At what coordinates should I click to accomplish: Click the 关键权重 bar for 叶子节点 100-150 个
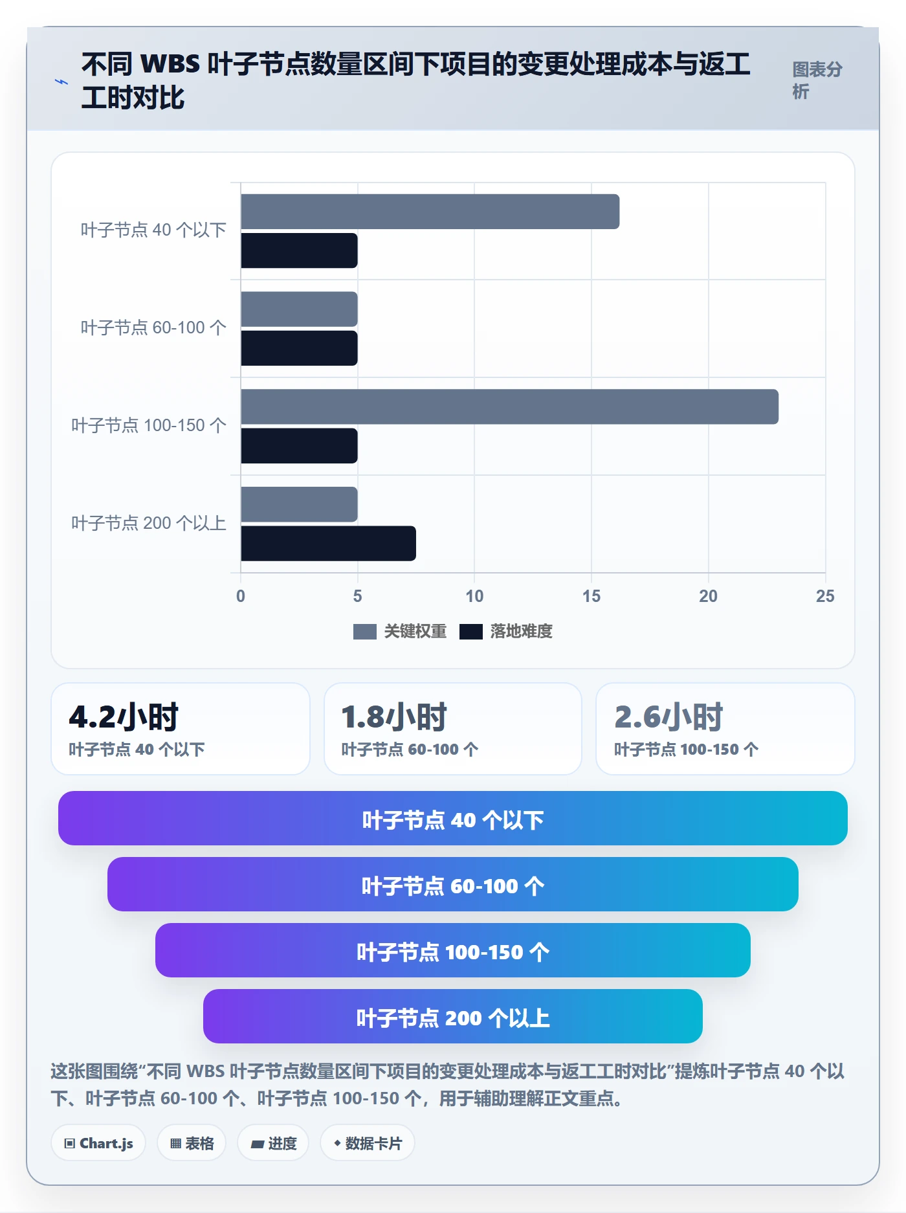pyautogui.click(x=509, y=406)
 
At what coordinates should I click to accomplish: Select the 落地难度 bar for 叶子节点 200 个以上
pyautogui.click(x=328, y=543)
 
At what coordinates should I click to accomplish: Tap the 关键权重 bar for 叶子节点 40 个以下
pyautogui.click(x=430, y=212)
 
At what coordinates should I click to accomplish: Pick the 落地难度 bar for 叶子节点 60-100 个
pyautogui.click(x=299, y=348)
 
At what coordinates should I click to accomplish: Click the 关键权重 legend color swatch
pyautogui.click(x=364, y=632)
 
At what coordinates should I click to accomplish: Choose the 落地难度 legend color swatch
pyautogui.click(x=470, y=632)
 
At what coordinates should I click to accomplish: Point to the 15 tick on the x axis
pyautogui.click(x=591, y=596)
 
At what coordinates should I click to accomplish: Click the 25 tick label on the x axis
pyautogui.click(x=825, y=596)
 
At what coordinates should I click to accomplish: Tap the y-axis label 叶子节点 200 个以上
pyautogui.click(x=149, y=523)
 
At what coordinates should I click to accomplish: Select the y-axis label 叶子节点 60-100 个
pyautogui.click(x=153, y=328)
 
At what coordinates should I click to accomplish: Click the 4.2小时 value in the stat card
pyautogui.click(x=124, y=717)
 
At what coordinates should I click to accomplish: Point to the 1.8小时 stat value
pyautogui.click(x=394, y=717)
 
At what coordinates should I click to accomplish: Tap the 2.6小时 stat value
pyautogui.click(x=668, y=717)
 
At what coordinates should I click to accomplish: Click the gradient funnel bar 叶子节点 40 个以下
pyautogui.click(x=453, y=818)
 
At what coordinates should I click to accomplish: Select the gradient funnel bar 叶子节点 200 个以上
pyautogui.click(x=453, y=1016)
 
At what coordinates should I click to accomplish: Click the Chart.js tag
pyautogui.click(x=98, y=1143)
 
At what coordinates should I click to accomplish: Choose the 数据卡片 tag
pyautogui.click(x=368, y=1143)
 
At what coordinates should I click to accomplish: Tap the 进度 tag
pyautogui.click(x=273, y=1143)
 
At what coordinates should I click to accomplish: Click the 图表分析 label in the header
pyautogui.click(x=817, y=80)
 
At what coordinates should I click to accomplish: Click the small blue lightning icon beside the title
pyautogui.click(x=61, y=82)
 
